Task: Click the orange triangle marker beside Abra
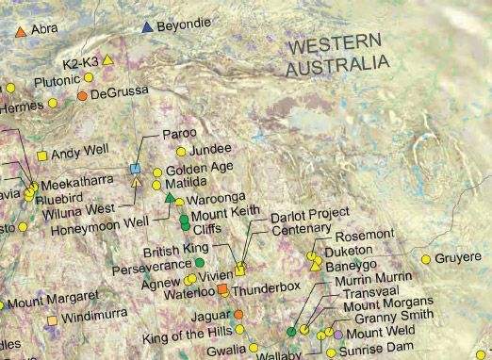pos(21,31)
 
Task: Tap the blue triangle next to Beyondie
pos(146,28)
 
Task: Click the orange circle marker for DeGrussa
pos(83,96)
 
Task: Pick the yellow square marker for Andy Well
pos(41,155)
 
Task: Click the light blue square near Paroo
pos(135,168)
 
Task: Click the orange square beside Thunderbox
pos(222,289)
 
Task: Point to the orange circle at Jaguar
pos(238,314)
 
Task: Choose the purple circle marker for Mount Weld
pos(338,335)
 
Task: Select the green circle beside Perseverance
pos(199,262)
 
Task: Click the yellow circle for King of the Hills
pos(240,330)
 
